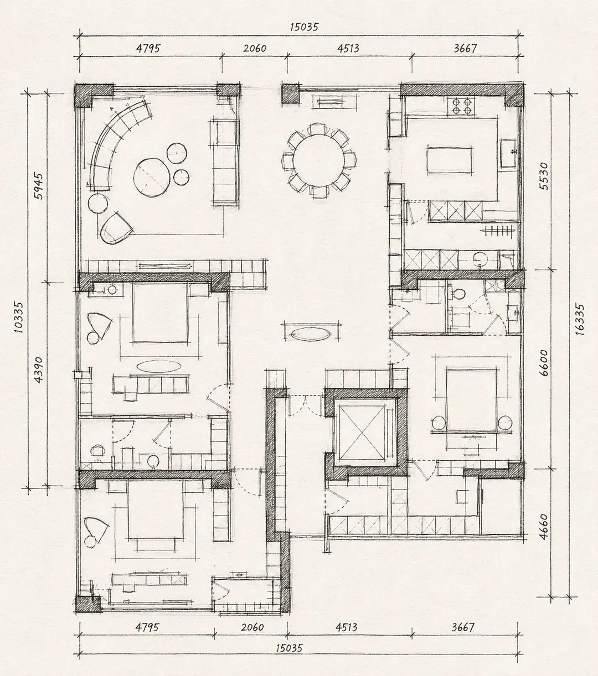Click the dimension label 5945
39,186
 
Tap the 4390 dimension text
39,370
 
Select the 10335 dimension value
19,318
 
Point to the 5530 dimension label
544,176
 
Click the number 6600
544,363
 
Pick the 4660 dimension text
544,527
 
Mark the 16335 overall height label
580,319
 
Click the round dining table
319,160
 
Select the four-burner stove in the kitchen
461,106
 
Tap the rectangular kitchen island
450,160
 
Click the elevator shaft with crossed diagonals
362,433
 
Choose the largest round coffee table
151,178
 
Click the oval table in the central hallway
311,334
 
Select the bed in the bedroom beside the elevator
471,400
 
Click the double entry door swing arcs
306,405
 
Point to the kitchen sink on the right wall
509,153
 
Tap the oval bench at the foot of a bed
159,366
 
